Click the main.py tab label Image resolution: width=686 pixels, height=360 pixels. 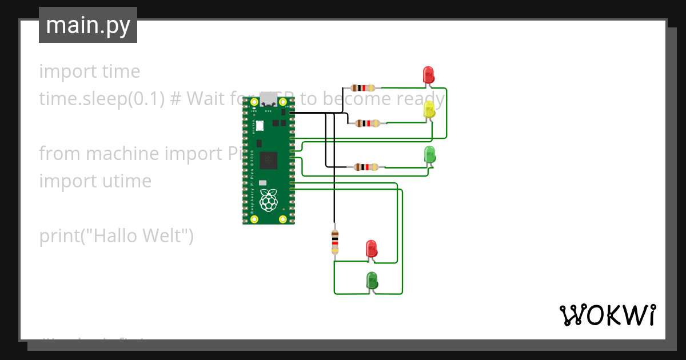pos(87,25)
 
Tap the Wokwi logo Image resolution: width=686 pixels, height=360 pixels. pos(607,315)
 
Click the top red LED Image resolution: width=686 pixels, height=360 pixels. pos(428,75)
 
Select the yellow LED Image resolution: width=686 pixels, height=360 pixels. pos(430,109)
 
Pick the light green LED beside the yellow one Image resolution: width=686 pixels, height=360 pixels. pos(430,154)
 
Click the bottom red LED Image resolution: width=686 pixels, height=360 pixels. pos(372,249)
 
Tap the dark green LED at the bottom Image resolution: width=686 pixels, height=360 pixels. pos(372,281)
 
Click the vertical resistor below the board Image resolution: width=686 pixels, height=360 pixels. pos(335,242)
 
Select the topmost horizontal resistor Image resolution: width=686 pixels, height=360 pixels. pos(364,88)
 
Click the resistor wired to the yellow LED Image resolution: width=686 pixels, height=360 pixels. pos(367,123)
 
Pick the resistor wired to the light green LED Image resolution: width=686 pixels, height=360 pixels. pos(366,167)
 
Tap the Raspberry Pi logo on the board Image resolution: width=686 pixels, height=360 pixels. pos(268,201)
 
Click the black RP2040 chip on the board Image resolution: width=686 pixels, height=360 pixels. pos(268,161)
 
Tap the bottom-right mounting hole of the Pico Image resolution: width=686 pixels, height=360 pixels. pos(282,219)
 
